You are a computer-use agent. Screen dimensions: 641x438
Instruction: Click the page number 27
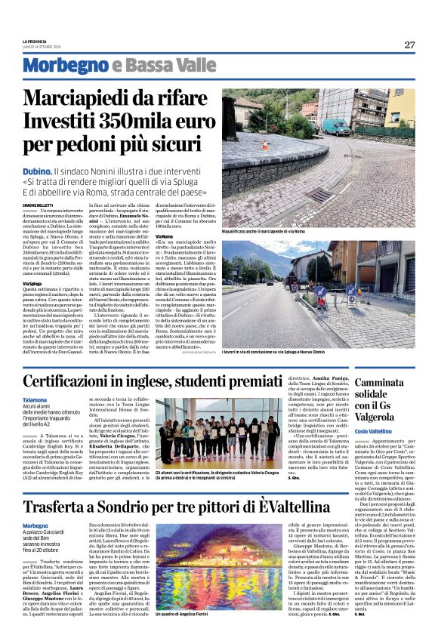409,45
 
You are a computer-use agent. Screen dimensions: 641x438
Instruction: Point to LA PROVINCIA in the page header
35,41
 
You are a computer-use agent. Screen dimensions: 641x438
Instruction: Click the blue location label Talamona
35,400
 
